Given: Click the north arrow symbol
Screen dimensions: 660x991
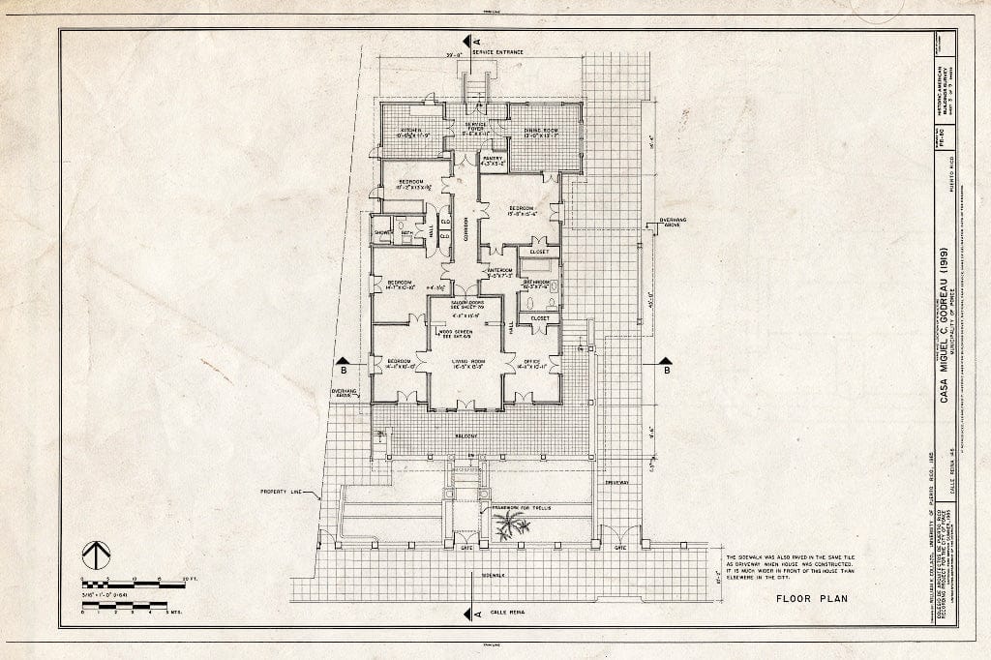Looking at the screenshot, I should (x=96, y=555).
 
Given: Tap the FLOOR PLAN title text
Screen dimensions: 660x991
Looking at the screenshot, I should (x=811, y=598).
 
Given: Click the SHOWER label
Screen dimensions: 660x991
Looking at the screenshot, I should (x=382, y=232).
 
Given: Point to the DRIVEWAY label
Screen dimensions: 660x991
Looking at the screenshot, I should (x=616, y=481).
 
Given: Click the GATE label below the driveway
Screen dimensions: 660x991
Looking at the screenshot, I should (x=619, y=547).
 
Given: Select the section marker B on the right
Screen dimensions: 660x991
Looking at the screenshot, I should (x=666, y=368).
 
